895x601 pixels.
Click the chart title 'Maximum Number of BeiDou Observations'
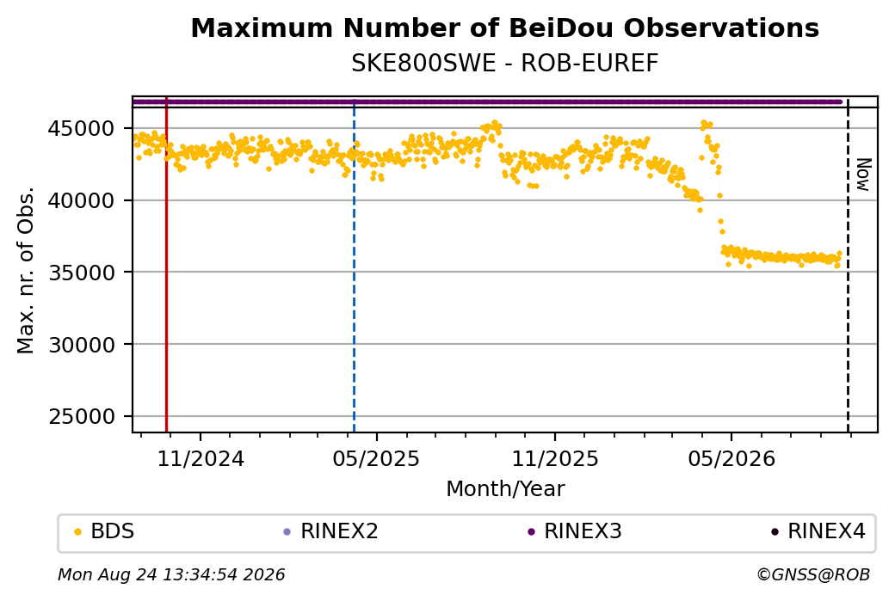pos(504,28)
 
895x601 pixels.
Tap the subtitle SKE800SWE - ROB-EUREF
pos(504,63)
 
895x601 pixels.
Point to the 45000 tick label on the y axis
pos(82,128)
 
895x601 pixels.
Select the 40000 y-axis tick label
pos(82,200)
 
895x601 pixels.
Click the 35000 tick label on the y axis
pos(82,273)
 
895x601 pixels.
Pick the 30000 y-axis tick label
pos(82,345)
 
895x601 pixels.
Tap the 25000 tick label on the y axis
pos(82,417)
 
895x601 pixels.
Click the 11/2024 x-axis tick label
pos(201,458)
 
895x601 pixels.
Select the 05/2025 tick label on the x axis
pos(376,458)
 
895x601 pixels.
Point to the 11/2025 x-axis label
pos(555,458)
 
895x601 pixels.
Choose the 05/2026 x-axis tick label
pos(731,458)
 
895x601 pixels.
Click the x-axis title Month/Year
pos(505,488)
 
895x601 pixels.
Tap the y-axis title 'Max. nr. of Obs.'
pos(26,270)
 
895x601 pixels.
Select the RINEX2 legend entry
pos(331,531)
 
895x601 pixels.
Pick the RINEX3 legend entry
pos(575,531)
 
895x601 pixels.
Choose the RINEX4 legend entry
pos(818,531)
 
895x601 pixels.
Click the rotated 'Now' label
pos(864,175)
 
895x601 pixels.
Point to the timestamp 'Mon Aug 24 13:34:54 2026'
pos(171,574)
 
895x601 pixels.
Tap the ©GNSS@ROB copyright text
pos(813,574)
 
